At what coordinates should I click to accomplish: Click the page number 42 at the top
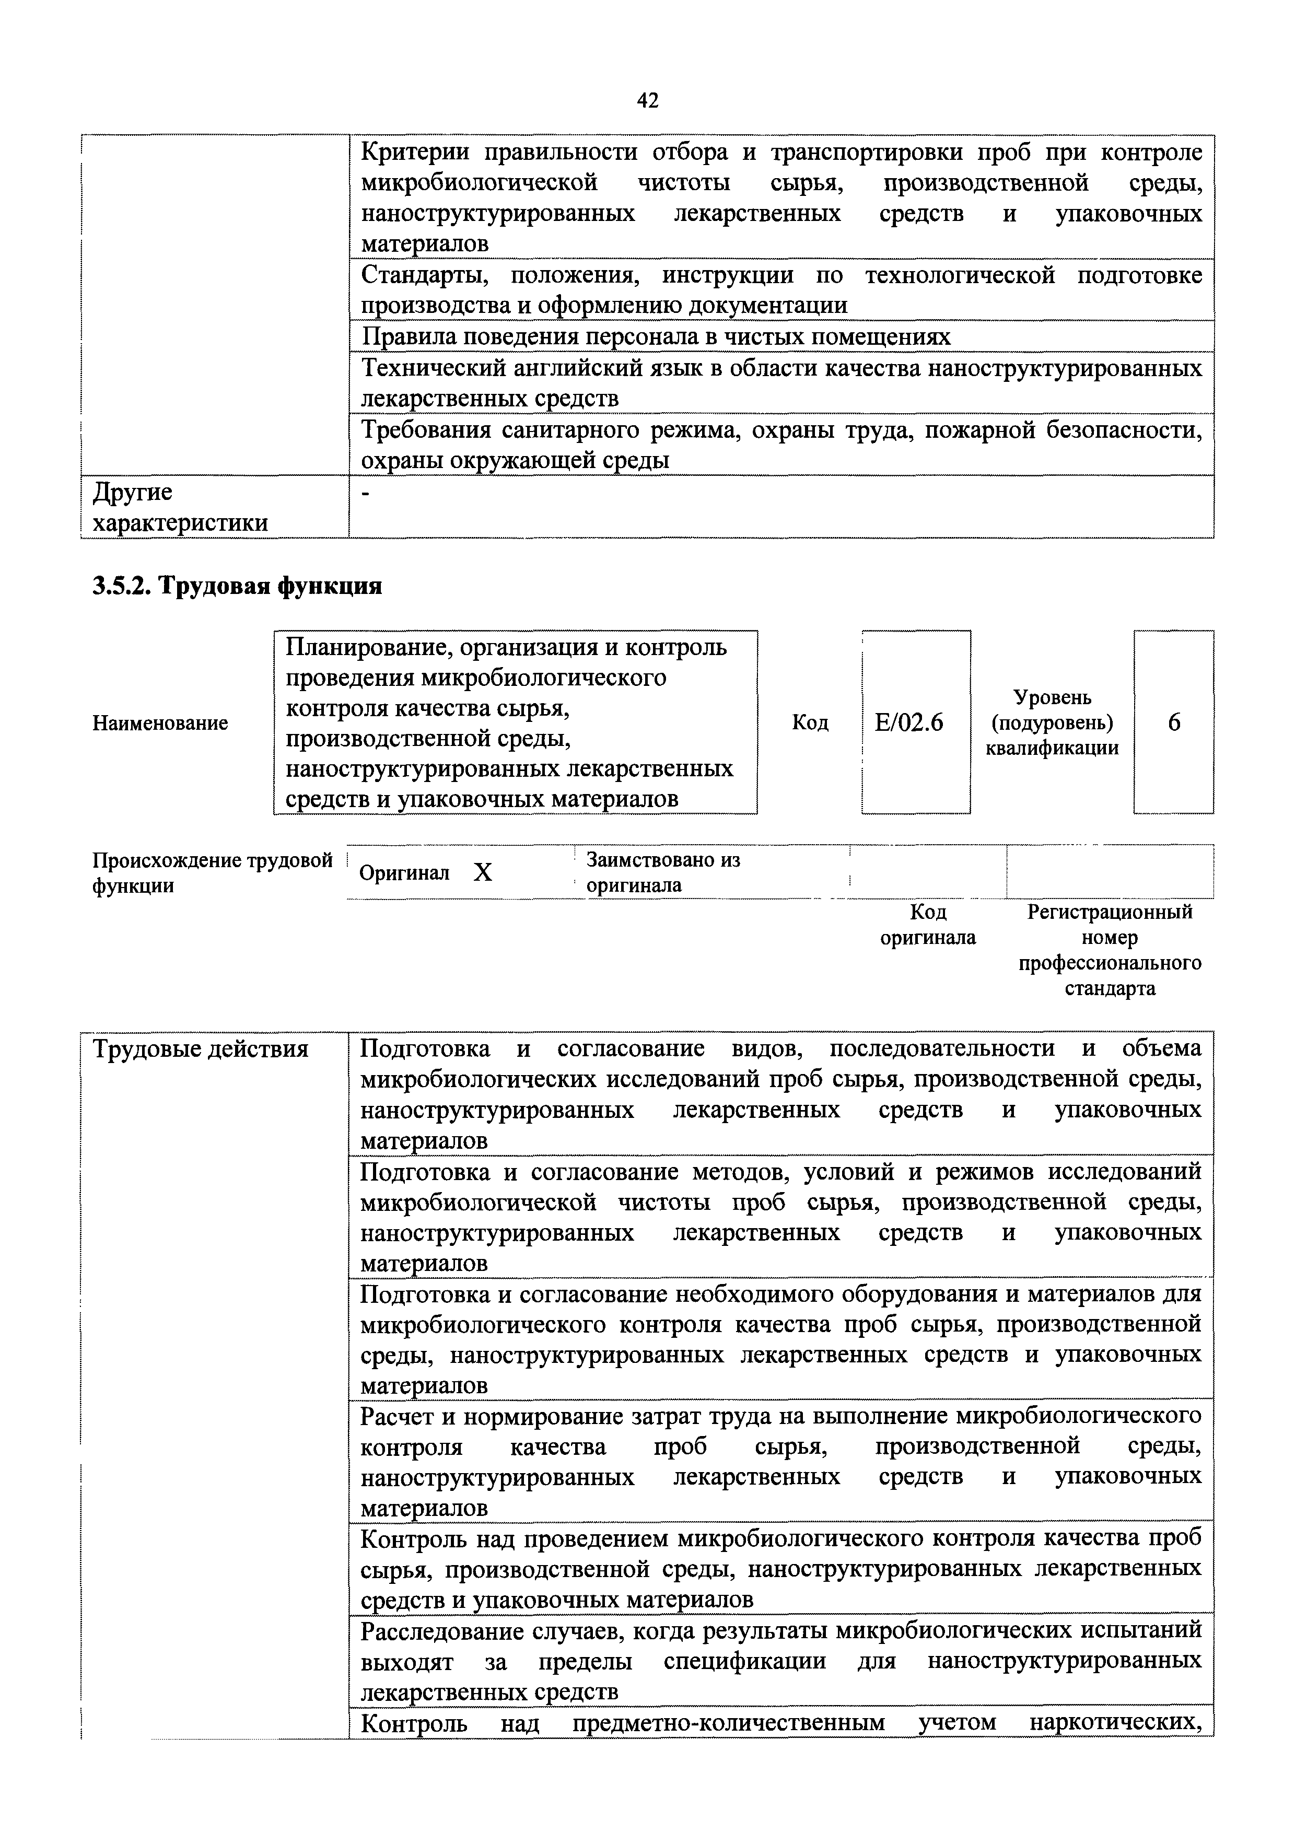(x=647, y=100)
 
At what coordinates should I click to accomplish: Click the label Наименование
(x=160, y=724)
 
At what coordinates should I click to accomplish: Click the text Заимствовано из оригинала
(x=662, y=872)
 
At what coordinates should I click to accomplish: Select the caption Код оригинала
(x=927, y=925)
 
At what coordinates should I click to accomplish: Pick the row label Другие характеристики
(x=180, y=507)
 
